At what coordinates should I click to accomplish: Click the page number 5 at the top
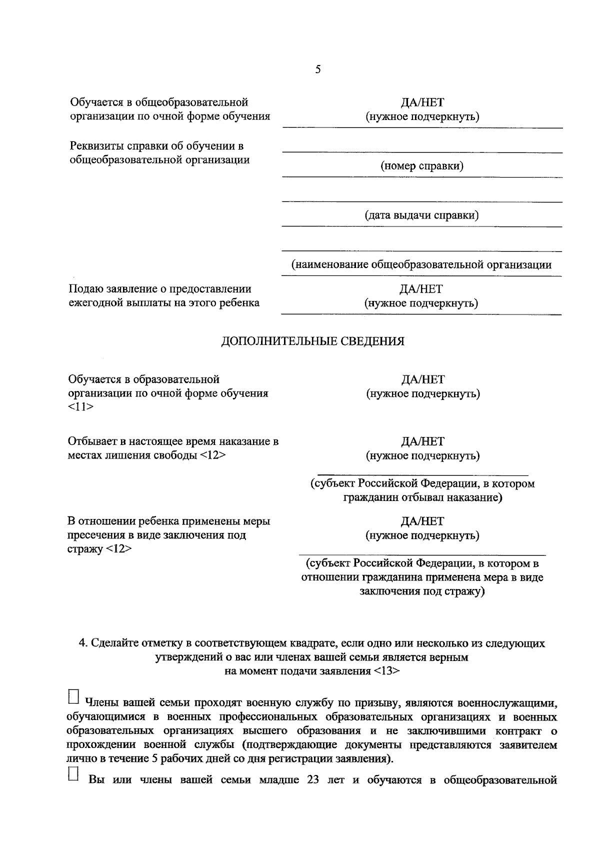click(318, 69)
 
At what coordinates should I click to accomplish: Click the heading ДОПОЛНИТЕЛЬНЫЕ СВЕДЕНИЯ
click(312, 341)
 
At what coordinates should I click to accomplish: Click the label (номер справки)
click(422, 166)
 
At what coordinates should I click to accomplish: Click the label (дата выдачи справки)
click(421, 215)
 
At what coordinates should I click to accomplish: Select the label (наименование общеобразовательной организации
click(421, 265)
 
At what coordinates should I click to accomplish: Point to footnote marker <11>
click(80, 407)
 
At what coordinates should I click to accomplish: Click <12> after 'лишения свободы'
click(213, 455)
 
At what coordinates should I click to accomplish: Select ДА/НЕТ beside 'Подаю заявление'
click(421, 289)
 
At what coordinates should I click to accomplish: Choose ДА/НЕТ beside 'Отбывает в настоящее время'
click(422, 442)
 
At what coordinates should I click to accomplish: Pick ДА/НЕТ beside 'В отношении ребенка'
click(422, 521)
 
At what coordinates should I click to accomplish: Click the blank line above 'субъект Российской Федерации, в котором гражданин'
click(422, 472)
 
